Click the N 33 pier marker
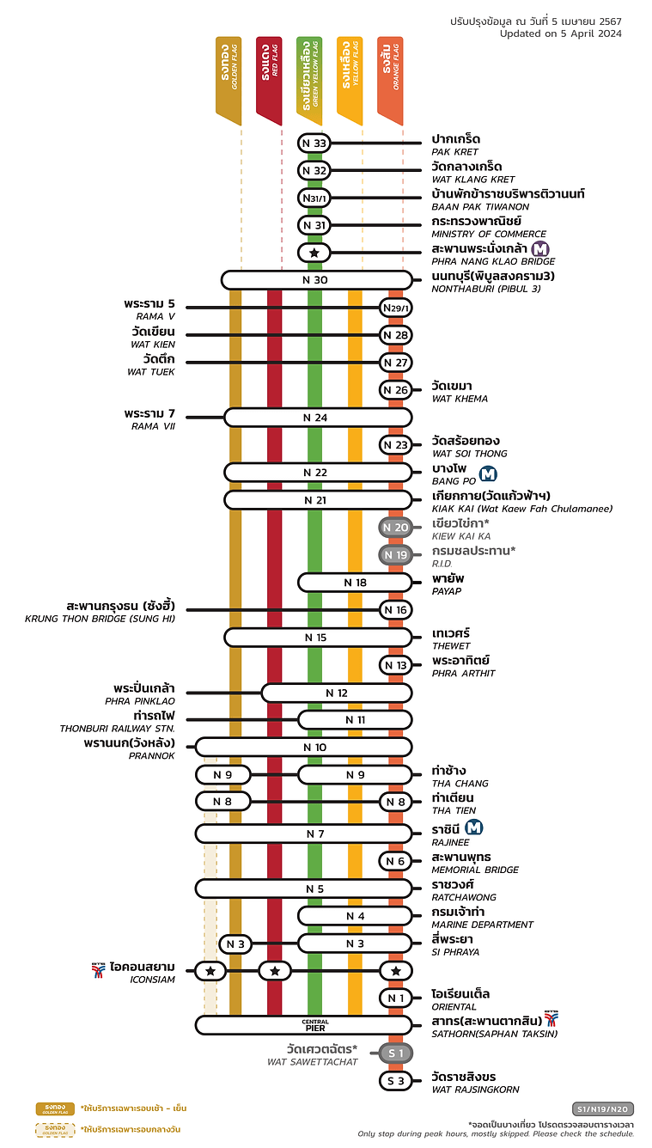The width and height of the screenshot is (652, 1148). [x=314, y=143]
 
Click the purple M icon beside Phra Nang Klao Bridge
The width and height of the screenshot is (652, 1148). [x=540, y=249]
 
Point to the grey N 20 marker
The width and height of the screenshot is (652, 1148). [x=396, y=528]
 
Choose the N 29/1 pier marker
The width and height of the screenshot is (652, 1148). [x=396, y=308]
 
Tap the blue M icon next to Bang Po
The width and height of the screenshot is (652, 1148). [x=489, y=473]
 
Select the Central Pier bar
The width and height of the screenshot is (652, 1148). [x=315, y=1024]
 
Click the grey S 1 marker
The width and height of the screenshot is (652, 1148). [x=396, y=1053]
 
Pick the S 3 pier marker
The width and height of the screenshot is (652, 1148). [x=396, y=1081]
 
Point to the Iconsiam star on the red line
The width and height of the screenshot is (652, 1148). [x=275, y=971]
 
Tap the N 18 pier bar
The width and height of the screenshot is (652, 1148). [x=355, y=583]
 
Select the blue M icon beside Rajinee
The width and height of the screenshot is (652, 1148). [x=474, y=828]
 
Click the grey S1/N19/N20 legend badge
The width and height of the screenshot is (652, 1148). [x=603, y=1108]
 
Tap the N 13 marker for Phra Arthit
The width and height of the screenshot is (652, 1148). [x=396, y=665]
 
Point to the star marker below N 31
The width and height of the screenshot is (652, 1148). [x=314, y=253]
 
